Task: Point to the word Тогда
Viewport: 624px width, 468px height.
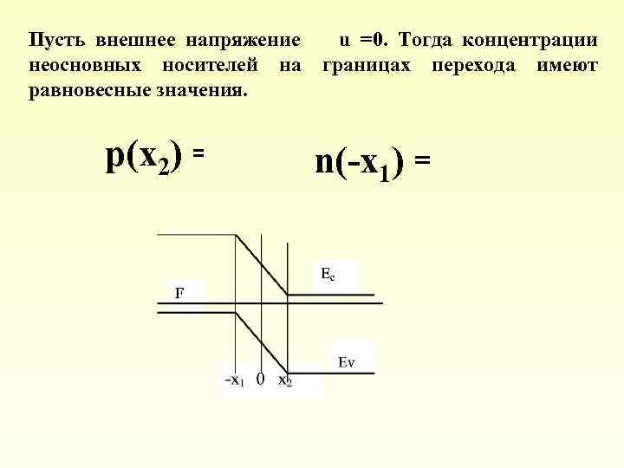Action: [425, 41]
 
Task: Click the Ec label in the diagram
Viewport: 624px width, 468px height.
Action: [327, 275]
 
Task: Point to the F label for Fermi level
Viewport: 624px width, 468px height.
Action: [179, 292]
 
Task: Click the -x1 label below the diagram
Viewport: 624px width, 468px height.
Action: [234, 380]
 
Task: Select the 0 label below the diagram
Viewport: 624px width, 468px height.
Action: [260, 379]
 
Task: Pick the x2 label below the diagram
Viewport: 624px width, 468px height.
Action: [285, 380]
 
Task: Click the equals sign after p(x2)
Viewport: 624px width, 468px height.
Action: [198, 153]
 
